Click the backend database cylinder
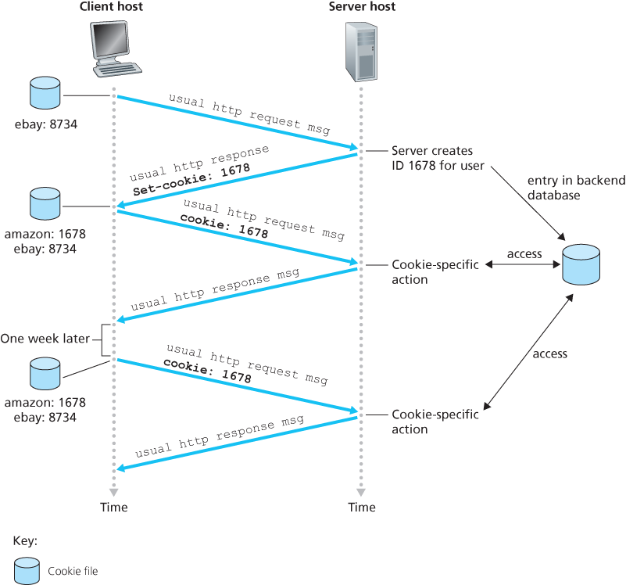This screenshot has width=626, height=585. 581,264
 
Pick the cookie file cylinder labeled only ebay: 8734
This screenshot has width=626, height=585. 44,93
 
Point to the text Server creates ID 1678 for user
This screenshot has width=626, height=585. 438,158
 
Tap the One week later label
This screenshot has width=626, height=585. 45,339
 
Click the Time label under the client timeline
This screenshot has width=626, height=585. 114,508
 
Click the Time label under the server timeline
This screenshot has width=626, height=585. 362,508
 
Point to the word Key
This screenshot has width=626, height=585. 25,540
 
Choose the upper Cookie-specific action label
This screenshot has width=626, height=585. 435,272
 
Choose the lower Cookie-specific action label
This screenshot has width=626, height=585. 435,422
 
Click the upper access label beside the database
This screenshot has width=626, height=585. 524,254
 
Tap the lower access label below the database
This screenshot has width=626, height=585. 549,354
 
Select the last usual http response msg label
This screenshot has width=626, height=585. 219,437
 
